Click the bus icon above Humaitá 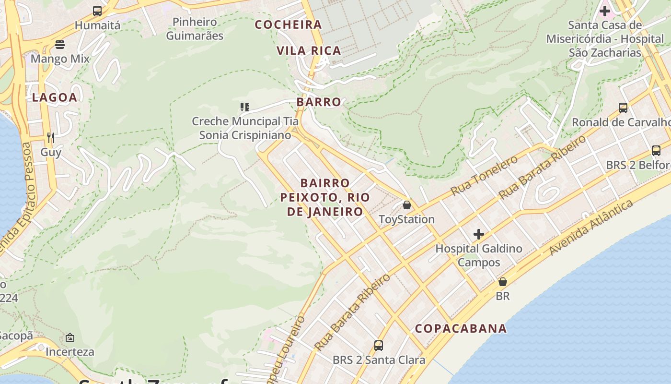click(x=97, y=11)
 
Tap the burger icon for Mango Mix click(x=60, y=45)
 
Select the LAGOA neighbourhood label click(x=54, y=97)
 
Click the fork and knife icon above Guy click(x=51, y=138)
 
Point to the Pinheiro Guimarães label click(x=195, y=29)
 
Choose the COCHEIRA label click(x=288, y=24)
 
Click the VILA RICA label click(x=309, y=50)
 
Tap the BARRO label click(x=319, y=102)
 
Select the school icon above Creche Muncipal click(x=245, y=107)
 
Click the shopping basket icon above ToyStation click(x=407, y=205)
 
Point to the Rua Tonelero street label click(x=484, y=176)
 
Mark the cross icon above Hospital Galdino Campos click(x=478, y=234)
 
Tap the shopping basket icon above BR click(x=502, y=281)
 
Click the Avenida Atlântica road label click(x=590, y=227)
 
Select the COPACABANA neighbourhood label click(x=461, y=328)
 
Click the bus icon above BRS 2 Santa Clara click(x=379, y=345)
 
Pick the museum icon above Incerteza click(x=70, y=337)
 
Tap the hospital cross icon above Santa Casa click(x=605, y=11)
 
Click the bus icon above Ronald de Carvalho click(x=623, y=108)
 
